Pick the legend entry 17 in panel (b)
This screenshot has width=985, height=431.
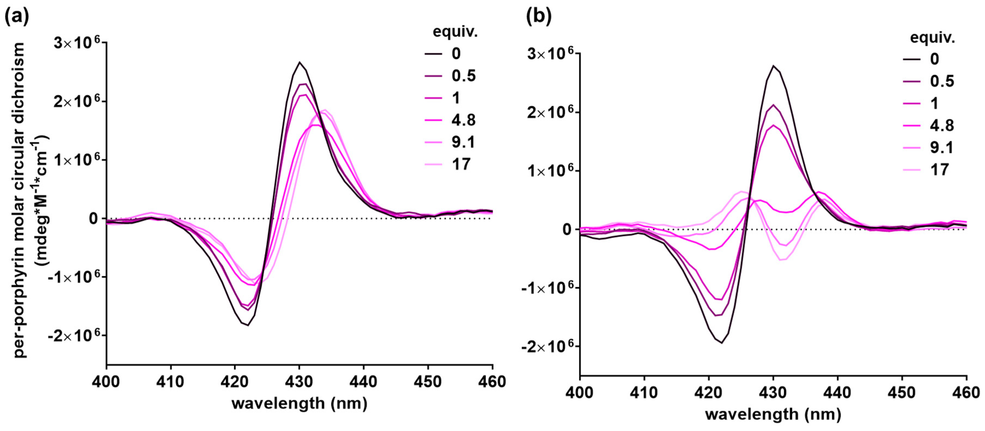(939, 169)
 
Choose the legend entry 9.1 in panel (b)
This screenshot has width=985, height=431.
(941, 147)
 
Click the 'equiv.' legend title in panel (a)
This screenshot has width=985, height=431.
(455, 32)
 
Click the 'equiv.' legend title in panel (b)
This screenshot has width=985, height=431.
(932, 38)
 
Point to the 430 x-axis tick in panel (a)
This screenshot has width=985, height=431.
(299, 381)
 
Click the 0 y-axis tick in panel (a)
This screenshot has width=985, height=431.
(94, 219)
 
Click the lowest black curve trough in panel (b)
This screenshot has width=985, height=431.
(722, 343)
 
